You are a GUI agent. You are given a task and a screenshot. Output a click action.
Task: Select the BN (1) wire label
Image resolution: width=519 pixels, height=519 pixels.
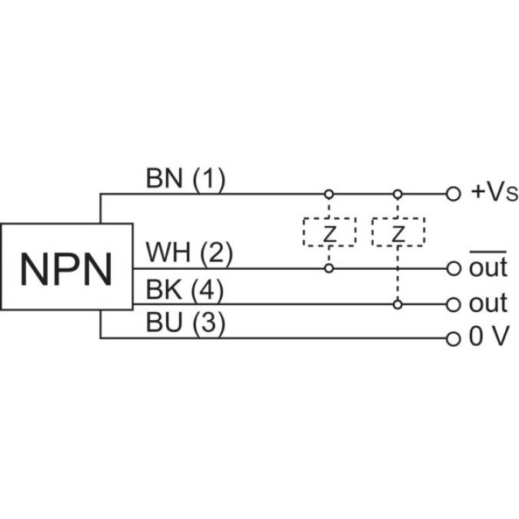pos(185,179)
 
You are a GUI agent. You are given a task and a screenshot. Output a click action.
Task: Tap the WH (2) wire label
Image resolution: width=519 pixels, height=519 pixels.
pos(189,252)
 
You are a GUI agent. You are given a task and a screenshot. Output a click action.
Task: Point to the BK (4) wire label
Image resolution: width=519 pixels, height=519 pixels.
pos(185,290)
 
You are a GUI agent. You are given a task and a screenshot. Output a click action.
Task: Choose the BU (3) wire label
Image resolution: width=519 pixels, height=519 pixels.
pos(185,324)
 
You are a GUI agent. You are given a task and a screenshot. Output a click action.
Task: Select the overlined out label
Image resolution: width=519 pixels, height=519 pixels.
pos(487,268)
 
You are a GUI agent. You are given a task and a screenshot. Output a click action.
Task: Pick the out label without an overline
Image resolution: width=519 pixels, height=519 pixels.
pos(487,304)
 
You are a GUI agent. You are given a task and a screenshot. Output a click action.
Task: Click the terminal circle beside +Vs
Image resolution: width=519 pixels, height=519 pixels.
pos(453,194)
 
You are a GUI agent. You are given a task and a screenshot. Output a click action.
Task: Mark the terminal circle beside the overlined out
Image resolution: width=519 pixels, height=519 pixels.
pos(453,268)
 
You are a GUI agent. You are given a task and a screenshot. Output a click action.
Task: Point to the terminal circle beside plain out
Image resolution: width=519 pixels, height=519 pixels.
pos(453,304)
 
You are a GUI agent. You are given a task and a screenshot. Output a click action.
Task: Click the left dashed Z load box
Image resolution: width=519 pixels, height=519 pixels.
pos(329,232)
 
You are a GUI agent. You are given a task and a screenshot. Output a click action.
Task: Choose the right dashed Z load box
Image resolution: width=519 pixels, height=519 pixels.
pos(398,232)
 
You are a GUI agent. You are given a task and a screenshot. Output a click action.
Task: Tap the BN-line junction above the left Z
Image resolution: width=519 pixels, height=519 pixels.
pos(329,194)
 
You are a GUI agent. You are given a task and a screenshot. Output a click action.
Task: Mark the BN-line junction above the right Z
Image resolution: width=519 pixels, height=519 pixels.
pos(398,194)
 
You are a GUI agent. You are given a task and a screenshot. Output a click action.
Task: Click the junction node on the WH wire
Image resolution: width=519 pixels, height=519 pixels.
pos(329,268)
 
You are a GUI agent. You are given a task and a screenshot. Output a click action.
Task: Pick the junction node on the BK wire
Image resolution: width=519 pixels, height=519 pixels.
pos(398,304)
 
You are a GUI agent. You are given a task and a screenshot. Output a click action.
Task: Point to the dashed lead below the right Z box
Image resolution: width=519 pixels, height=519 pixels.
pos(398,273)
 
